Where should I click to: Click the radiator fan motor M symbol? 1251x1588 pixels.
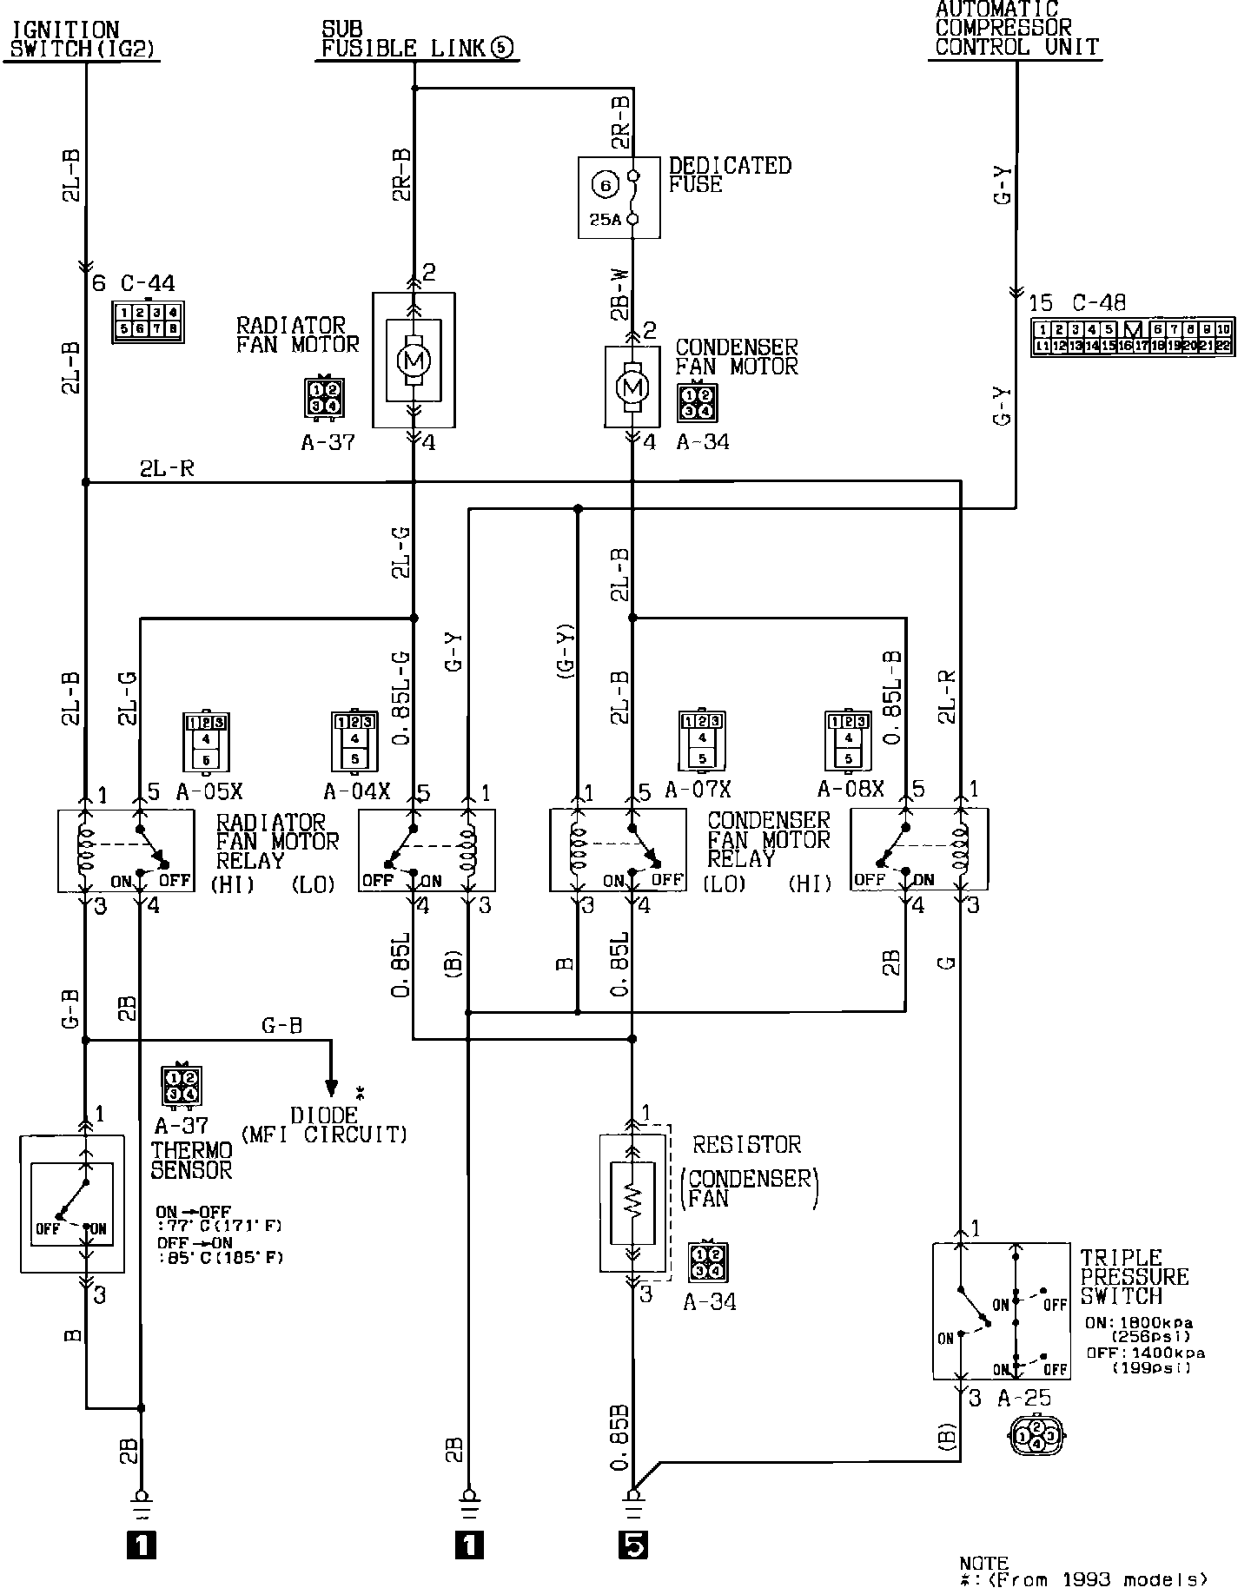[413, 359]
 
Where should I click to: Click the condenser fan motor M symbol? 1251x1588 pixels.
[632, 386]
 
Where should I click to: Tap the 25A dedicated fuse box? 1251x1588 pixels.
[619, 197]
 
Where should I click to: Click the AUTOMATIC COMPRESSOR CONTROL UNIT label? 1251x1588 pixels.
[1016, 29]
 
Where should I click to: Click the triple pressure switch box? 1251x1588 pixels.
[1001, 1311]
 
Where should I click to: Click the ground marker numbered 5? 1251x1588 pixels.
[634, 1545]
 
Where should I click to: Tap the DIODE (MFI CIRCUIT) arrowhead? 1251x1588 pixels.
[331, 1088]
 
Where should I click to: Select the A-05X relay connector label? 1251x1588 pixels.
[209, 791]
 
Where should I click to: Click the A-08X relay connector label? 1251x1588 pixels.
[851, 789]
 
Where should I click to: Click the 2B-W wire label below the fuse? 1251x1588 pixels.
[620, 294]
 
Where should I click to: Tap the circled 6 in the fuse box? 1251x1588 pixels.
[606, 184]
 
